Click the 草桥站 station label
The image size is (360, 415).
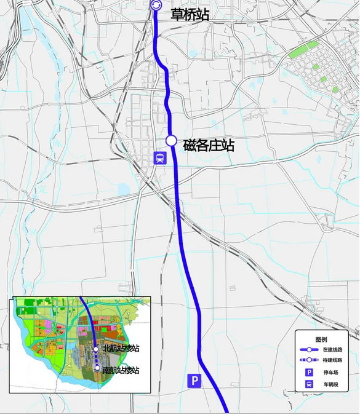[x=189, y=14]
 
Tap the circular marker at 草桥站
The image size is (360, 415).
[x=156, y=6]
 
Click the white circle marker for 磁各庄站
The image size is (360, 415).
[x=172, y=141]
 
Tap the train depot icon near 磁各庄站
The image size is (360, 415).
[x=160, y=158]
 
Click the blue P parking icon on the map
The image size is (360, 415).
[x=194, y=381]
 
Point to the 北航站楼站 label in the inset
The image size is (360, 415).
[x=121, y=349]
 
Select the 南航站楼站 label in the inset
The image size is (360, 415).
[x=121, y=370]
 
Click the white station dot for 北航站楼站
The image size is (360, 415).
[x=96, y=349]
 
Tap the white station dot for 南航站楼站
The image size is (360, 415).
[x=97, y=368]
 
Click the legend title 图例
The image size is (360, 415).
[x=321, y=339]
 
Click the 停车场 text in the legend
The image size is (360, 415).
[x=331, y=373]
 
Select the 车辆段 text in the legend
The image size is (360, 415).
[x=331, y=384]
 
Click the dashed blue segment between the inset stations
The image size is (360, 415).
[x=97, y=359]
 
